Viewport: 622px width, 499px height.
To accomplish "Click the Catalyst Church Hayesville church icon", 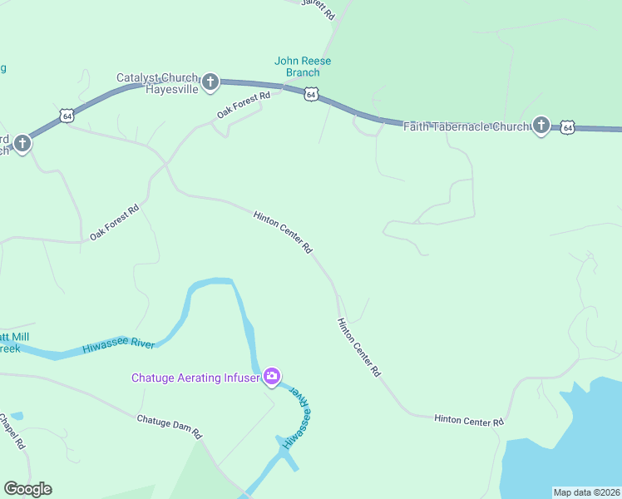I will point(210,82).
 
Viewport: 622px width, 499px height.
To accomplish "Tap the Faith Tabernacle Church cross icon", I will point(541,126).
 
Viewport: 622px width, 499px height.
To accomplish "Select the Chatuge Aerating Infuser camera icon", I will point(271,378).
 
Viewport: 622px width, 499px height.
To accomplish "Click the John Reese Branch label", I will point(303,67).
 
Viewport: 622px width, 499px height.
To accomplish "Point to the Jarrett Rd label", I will point(319,9).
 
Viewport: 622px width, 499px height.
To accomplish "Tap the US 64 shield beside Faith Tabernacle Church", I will point(567,126).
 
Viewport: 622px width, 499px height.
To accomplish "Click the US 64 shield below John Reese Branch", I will point(310,95).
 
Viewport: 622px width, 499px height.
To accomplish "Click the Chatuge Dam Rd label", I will point(169,427).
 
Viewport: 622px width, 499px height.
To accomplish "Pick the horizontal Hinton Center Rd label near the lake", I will point(469,421).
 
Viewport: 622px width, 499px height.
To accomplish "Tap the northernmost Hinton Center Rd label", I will point(283,232).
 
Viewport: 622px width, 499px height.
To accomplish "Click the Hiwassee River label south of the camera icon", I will point(296,421).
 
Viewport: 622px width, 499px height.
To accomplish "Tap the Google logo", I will point(27,489).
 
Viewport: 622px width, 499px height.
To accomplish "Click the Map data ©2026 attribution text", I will point(586,492).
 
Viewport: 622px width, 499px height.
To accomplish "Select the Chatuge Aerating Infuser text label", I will point(195,378).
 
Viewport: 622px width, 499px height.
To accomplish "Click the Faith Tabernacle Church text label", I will point(466,126).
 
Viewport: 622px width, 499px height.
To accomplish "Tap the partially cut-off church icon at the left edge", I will point(22,144).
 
